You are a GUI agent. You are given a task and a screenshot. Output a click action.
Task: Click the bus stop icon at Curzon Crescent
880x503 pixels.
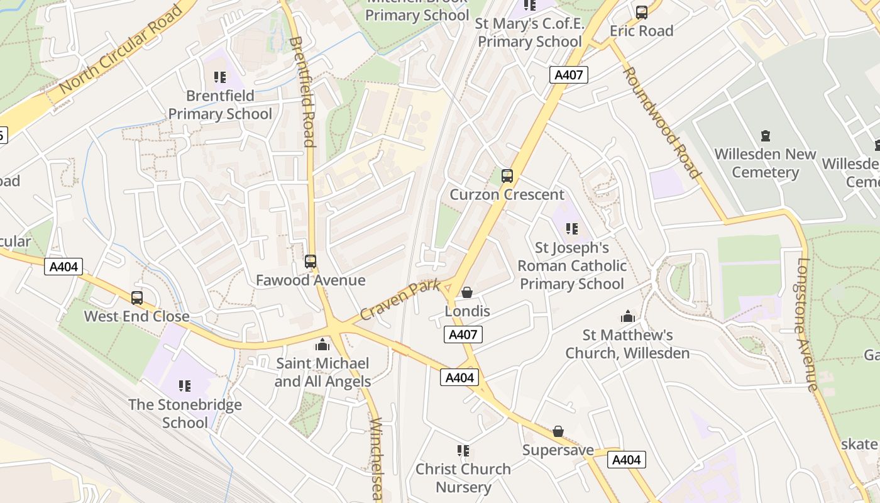click(x=507, y=176)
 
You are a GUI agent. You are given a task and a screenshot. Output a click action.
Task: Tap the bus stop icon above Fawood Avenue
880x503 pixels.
click(x=311, y=262)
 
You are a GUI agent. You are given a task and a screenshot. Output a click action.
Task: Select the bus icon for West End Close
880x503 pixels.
click(x=137, y=298)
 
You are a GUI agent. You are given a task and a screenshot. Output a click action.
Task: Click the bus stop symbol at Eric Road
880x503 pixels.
click(x=641, y=13)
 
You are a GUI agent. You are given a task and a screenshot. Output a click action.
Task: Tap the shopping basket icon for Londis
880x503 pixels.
click(x=467, y=292)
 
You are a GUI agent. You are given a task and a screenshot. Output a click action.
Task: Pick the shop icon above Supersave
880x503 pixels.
click(x=558, y=431)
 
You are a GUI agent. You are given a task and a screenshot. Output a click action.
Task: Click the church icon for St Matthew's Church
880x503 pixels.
click(x=627, y=316)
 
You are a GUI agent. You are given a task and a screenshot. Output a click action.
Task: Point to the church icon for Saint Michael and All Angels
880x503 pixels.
click(x=322, y=345)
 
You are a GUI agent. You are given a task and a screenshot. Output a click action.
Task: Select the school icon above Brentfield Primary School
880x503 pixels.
click(x=219, y=77)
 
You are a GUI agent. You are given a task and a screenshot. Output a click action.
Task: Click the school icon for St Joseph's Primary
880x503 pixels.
click(x=571, y=229)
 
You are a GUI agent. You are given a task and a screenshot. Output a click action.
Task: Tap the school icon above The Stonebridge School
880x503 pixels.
click(x=184, y=385)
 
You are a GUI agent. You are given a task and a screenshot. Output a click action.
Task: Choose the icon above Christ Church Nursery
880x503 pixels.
click(x=463, y=450)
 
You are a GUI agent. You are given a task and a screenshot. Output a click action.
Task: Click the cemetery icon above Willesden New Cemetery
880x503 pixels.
click(x=765, y=135)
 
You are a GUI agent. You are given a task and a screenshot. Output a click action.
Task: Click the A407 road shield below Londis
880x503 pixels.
click(x=463, y=334)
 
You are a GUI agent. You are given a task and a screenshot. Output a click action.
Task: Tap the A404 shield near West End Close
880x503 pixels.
click(x=64, y=267)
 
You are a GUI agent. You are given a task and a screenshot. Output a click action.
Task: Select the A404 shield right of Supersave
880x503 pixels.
click(x=627, y=460)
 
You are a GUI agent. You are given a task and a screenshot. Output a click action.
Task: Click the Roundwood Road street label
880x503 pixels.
click(x=661, y=123)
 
